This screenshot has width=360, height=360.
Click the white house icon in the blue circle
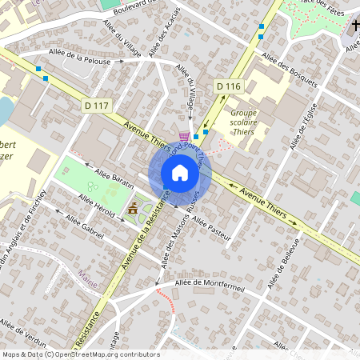pos(180,173)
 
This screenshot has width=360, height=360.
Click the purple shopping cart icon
pos(185,138)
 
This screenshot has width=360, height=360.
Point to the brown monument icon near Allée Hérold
pos(132,209)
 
